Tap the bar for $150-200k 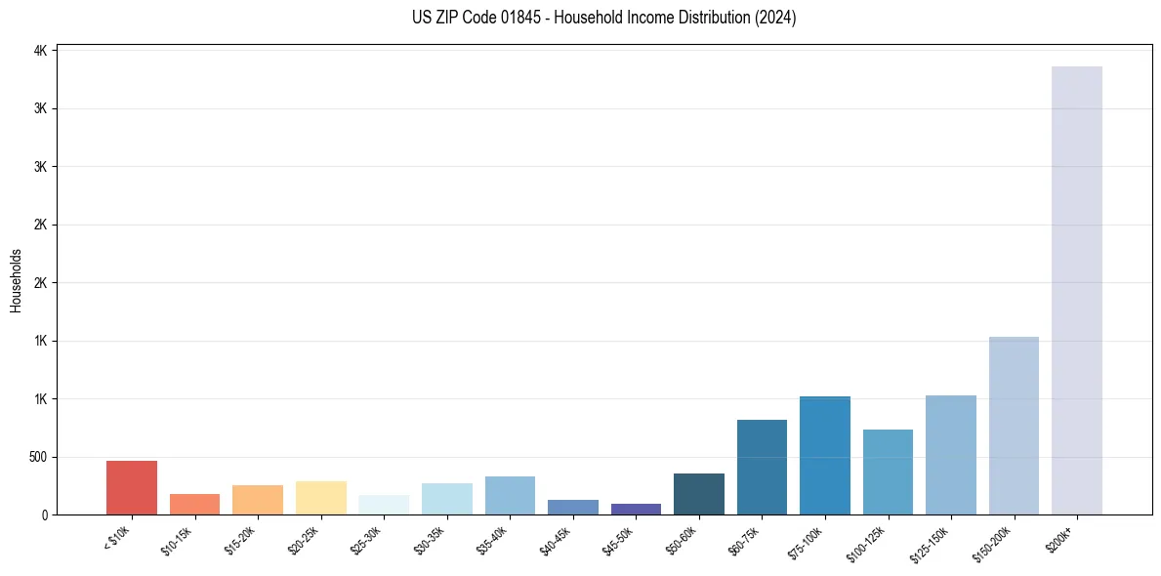click(x=1014, y=426)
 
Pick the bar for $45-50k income click(x=636, y=509)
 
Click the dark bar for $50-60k click(x=699, y=494)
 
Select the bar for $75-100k click(x=825, y=456)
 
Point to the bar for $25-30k click(x=384, y=505)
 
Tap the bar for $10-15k click(x=195, y=504)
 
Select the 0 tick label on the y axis click(x=45, y=514)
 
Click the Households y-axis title click(x=16, y=281)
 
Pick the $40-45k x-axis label click(x=555, y=539)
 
